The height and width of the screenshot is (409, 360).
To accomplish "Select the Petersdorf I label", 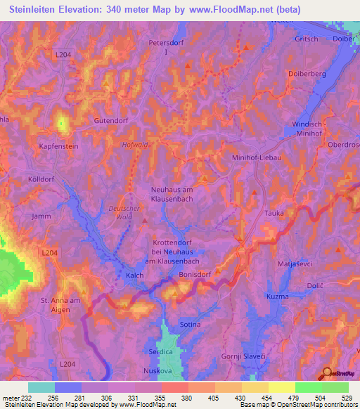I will [x=167, y=47].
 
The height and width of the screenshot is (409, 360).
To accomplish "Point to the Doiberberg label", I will [x=306, y=73].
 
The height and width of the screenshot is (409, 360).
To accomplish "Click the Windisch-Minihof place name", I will [x=306, y=129].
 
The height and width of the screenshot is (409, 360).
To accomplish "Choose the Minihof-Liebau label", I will [x=257, y=158].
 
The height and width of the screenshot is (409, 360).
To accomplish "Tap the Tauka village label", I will [x=274, y=212].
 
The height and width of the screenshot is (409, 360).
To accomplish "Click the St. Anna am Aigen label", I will [x=62, y=305].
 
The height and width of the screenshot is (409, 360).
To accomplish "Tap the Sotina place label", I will [x=190, y=325].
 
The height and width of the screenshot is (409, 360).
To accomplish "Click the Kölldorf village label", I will [x=41, y=179].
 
